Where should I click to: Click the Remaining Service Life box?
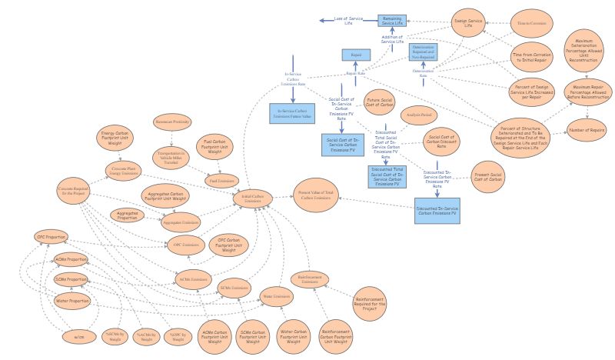coord(392,20)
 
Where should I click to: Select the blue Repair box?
coord(357,55)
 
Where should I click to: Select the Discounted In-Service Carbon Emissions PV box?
coord(436,211)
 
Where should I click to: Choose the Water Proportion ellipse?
coord(72,300)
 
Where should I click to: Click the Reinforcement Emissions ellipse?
coord(309,281)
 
